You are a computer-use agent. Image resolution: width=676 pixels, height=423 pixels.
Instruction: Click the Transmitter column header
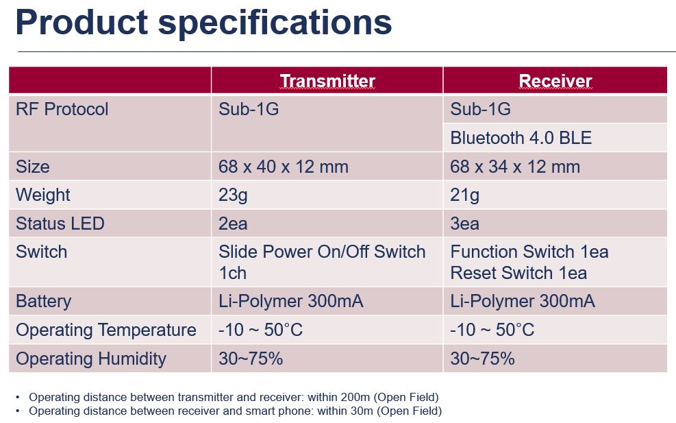coord(327,81)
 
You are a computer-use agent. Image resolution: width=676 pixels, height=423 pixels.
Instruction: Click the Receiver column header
coord(555,81)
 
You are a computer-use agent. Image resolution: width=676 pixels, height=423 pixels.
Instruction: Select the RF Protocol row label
coord(62,109)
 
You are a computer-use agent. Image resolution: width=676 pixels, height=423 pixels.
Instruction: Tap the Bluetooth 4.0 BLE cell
coord(521,138)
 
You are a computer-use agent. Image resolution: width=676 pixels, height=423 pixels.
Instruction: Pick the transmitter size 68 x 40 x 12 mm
coord(284,167)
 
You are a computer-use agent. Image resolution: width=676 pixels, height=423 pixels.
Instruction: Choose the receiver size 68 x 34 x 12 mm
coord(515,167)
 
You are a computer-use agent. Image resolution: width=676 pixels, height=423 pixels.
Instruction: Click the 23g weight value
coord(233,195)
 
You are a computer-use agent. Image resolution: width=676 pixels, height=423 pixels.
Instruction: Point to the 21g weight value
coord(464,195)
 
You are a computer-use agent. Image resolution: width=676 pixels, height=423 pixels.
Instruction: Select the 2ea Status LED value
coord(233,223)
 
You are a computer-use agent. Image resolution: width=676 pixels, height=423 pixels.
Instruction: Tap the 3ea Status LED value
coord(465,223)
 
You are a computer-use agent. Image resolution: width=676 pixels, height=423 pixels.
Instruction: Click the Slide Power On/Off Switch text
coord(322,252)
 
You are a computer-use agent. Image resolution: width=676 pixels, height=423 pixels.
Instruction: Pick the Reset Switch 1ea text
coord(518,273)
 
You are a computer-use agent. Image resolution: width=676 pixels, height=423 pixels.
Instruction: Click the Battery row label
coord(44,301)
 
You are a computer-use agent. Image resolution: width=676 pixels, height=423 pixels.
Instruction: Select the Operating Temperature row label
coord(106,330)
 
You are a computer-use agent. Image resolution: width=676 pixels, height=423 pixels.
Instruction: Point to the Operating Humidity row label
coord(91,359)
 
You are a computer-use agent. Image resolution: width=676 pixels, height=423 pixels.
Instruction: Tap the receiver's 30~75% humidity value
coord(482,359)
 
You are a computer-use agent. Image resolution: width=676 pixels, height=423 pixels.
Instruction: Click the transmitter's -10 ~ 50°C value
coord(260,330)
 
